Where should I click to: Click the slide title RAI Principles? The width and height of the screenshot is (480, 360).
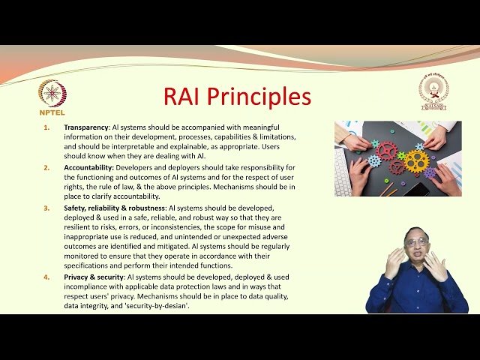[237, 97]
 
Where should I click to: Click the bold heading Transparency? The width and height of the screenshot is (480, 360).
[86, 127]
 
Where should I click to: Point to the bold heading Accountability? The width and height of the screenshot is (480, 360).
[89, 167]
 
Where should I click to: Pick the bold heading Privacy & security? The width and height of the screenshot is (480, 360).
[94, 277]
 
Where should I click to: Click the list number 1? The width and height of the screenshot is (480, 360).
[46, 127]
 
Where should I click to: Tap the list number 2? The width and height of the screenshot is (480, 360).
[46, 167]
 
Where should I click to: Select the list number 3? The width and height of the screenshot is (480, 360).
[46, 206]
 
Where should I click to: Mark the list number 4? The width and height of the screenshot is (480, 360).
[46, 277]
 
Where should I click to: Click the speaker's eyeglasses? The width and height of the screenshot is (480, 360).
[417, 243]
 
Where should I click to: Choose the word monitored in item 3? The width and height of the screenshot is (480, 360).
[83, 255]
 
